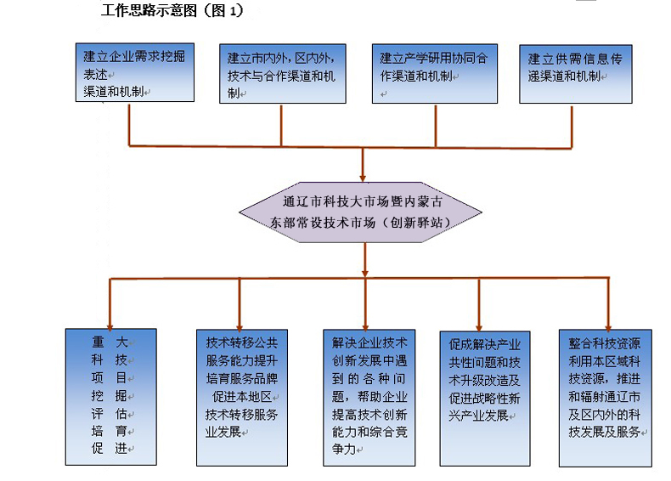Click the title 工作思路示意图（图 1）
click(172, 10)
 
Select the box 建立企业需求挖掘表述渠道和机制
click(135, 72)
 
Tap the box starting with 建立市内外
click(283, 73)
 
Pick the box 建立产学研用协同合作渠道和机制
click(435, 73)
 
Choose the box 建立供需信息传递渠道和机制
click(576, 74)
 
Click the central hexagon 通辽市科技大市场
click(360, 212)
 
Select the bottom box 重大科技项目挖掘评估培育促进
click(110, 397)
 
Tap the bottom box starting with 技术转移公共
click(242, 398)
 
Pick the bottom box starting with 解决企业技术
click(369, 398)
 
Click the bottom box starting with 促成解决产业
click(485, 399)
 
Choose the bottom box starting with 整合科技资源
click(605, 398)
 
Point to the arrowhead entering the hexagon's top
click(363, 178)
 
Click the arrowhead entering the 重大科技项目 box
click(110, 327)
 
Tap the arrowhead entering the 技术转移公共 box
click(240, 328)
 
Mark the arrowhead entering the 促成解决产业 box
click(479, 329)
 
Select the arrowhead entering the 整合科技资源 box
click(608, 328)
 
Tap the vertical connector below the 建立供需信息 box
click(572, 127)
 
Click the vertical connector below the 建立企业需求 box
click(129, 125)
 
